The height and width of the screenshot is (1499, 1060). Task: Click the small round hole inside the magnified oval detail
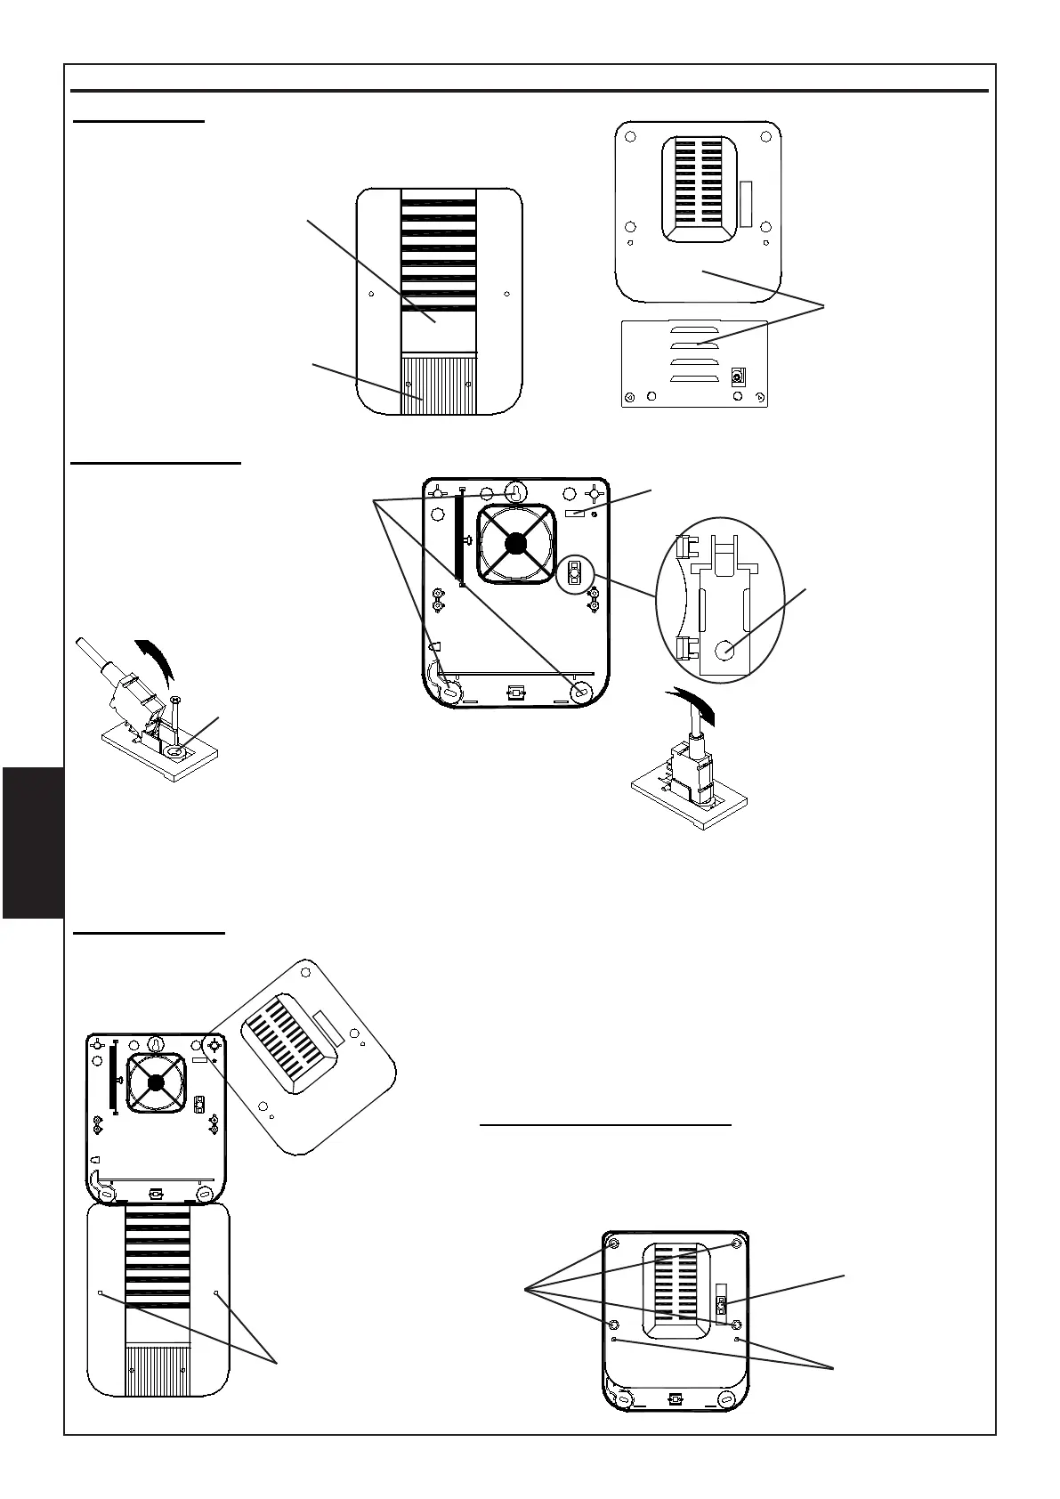[728, 651]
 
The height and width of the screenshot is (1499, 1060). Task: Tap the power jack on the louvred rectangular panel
[737, 377]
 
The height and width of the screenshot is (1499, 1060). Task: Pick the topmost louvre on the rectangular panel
[697, 326]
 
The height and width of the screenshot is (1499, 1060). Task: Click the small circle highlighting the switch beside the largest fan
[575, 574]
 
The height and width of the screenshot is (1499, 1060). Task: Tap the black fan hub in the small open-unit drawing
[157, 1082]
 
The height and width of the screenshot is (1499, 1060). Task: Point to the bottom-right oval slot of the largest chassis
[582, 692]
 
